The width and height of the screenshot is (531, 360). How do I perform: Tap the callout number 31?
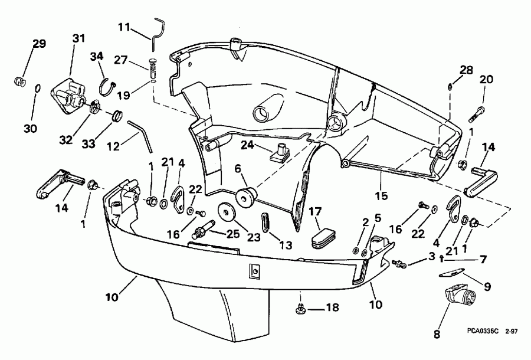[x=78, y=38]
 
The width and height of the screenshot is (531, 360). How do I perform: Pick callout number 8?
[x=437, y=333]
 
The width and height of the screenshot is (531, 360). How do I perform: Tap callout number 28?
[x=467, y=70]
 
